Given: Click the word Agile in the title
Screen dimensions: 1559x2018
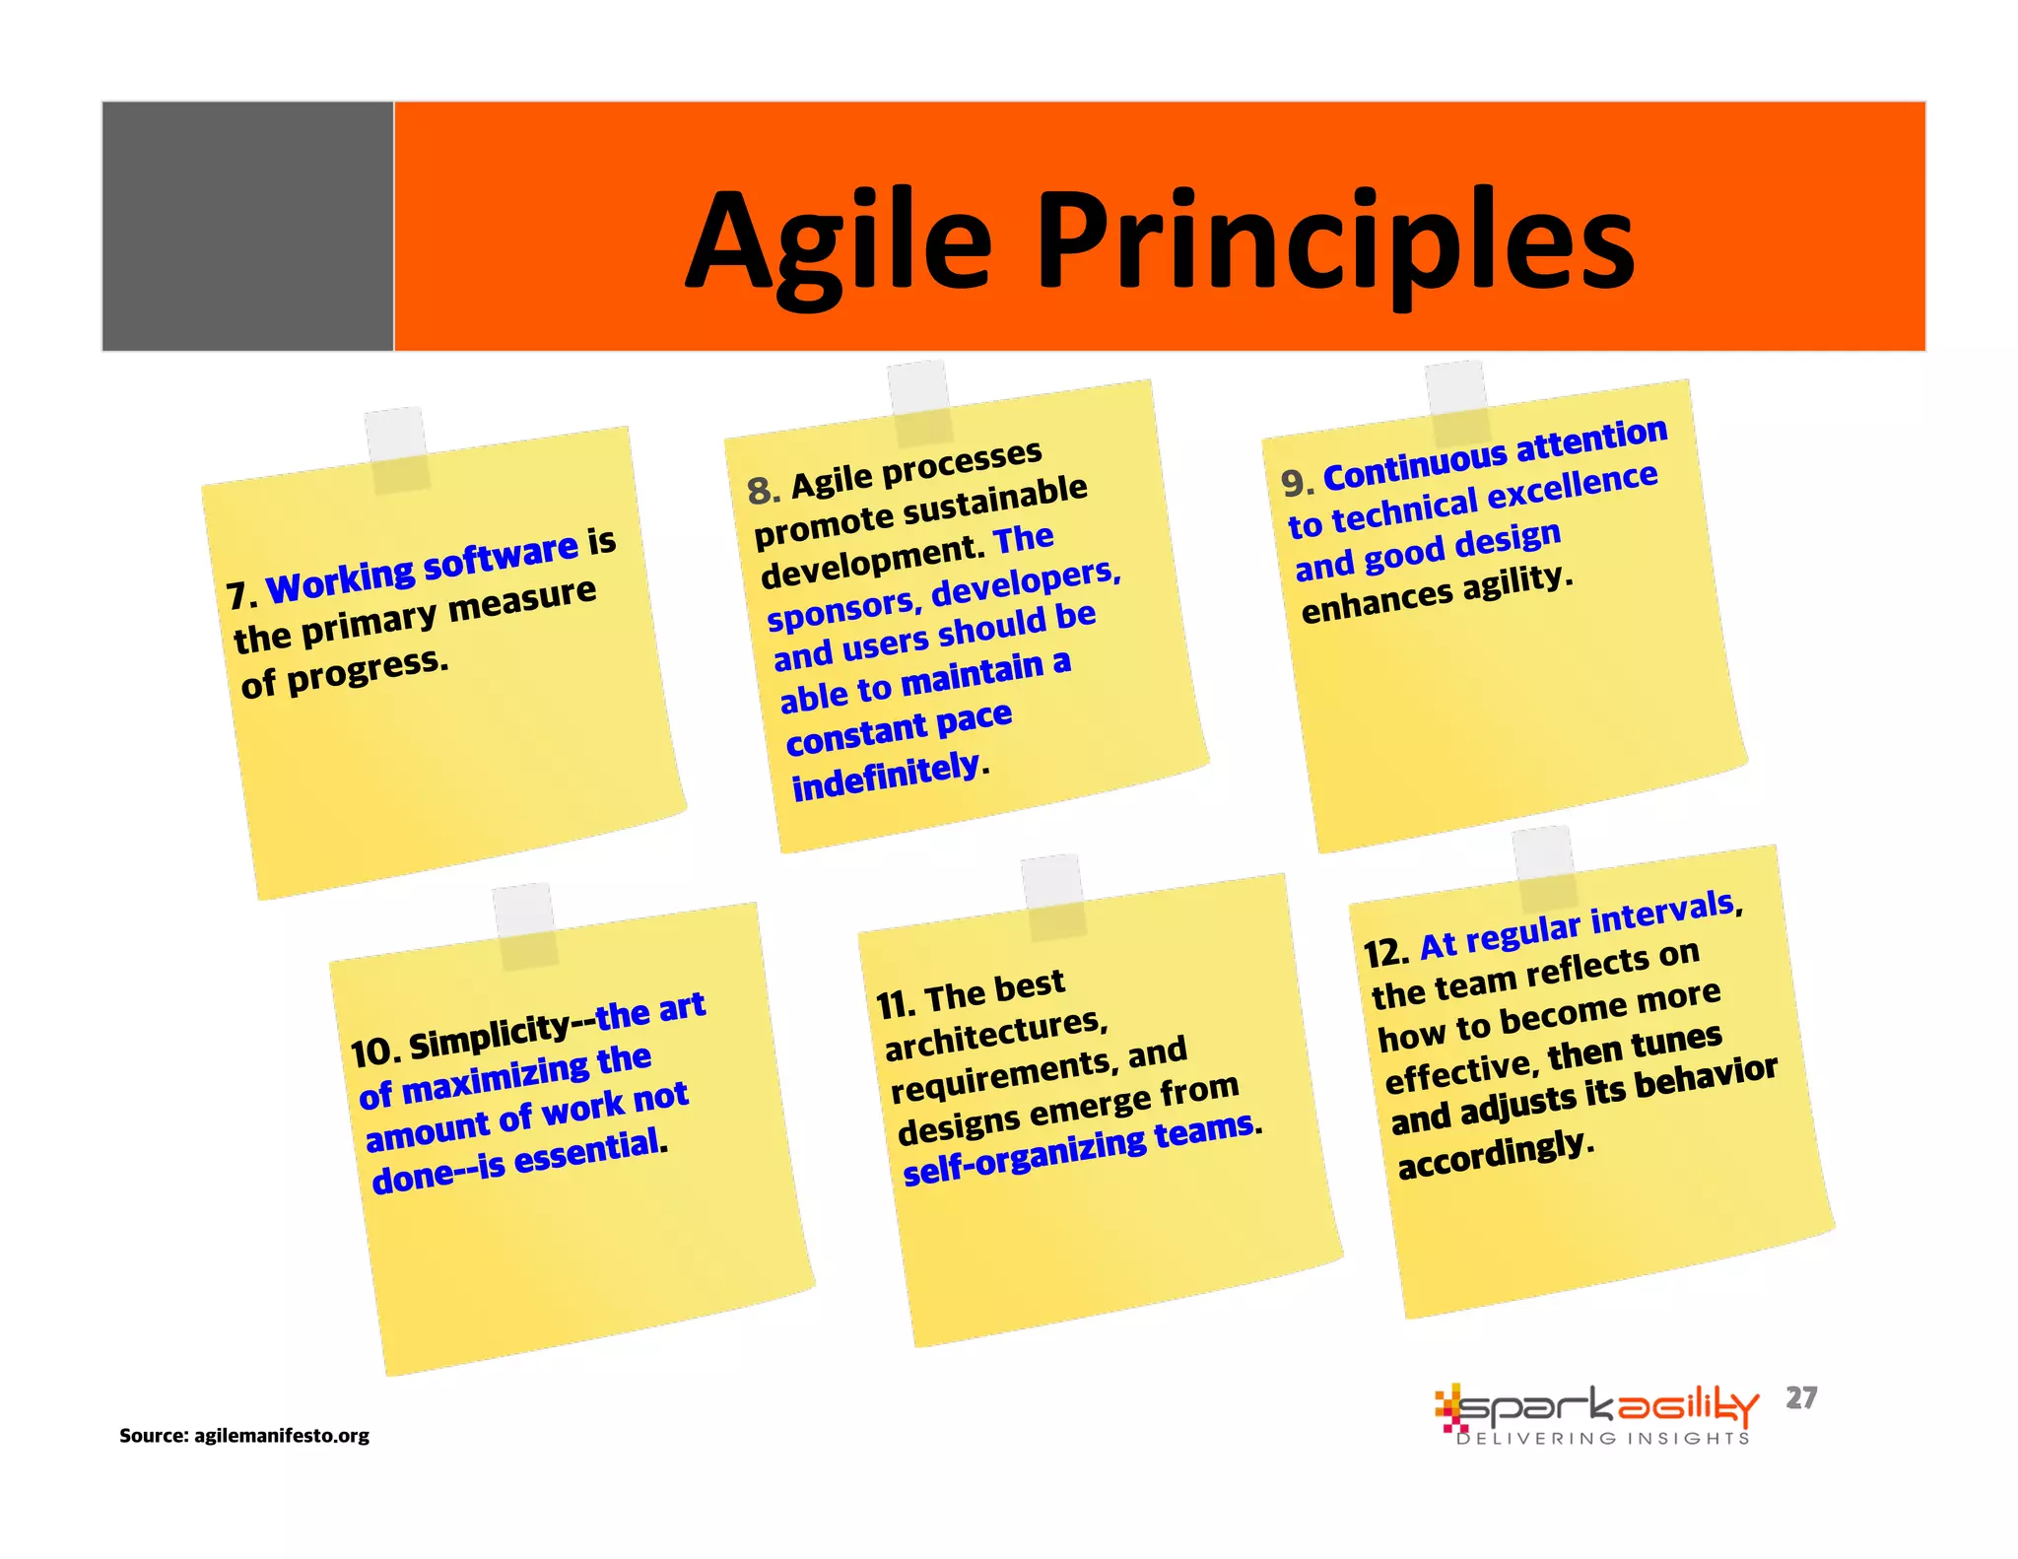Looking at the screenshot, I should tap(839, 243).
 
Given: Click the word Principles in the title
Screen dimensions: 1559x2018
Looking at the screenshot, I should tap(1335, 243).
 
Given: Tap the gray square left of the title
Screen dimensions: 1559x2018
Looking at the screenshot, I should tap(247, 226).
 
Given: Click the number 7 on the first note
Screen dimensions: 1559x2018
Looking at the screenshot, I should tap(237, 595).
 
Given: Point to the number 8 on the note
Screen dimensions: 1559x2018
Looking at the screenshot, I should tap(762, 490).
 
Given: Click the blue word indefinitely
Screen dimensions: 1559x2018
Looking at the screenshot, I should tap(885, 776).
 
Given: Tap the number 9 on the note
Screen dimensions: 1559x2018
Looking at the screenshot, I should tap(1295, 482).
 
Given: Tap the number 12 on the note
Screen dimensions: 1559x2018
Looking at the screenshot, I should tap(1382, 953).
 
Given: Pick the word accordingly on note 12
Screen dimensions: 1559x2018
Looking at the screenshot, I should tap(1492, 1152).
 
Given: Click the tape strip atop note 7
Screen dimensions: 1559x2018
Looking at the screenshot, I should tap(397, 450).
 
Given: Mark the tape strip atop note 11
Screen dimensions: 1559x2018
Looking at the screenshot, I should tap(1054, 896).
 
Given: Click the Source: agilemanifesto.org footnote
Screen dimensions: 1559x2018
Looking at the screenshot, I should tap(244, 1435).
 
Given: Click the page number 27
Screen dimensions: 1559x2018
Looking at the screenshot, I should tap(1801, 1397).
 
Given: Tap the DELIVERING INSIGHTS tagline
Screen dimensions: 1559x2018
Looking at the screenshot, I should tap(1603, 1438).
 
